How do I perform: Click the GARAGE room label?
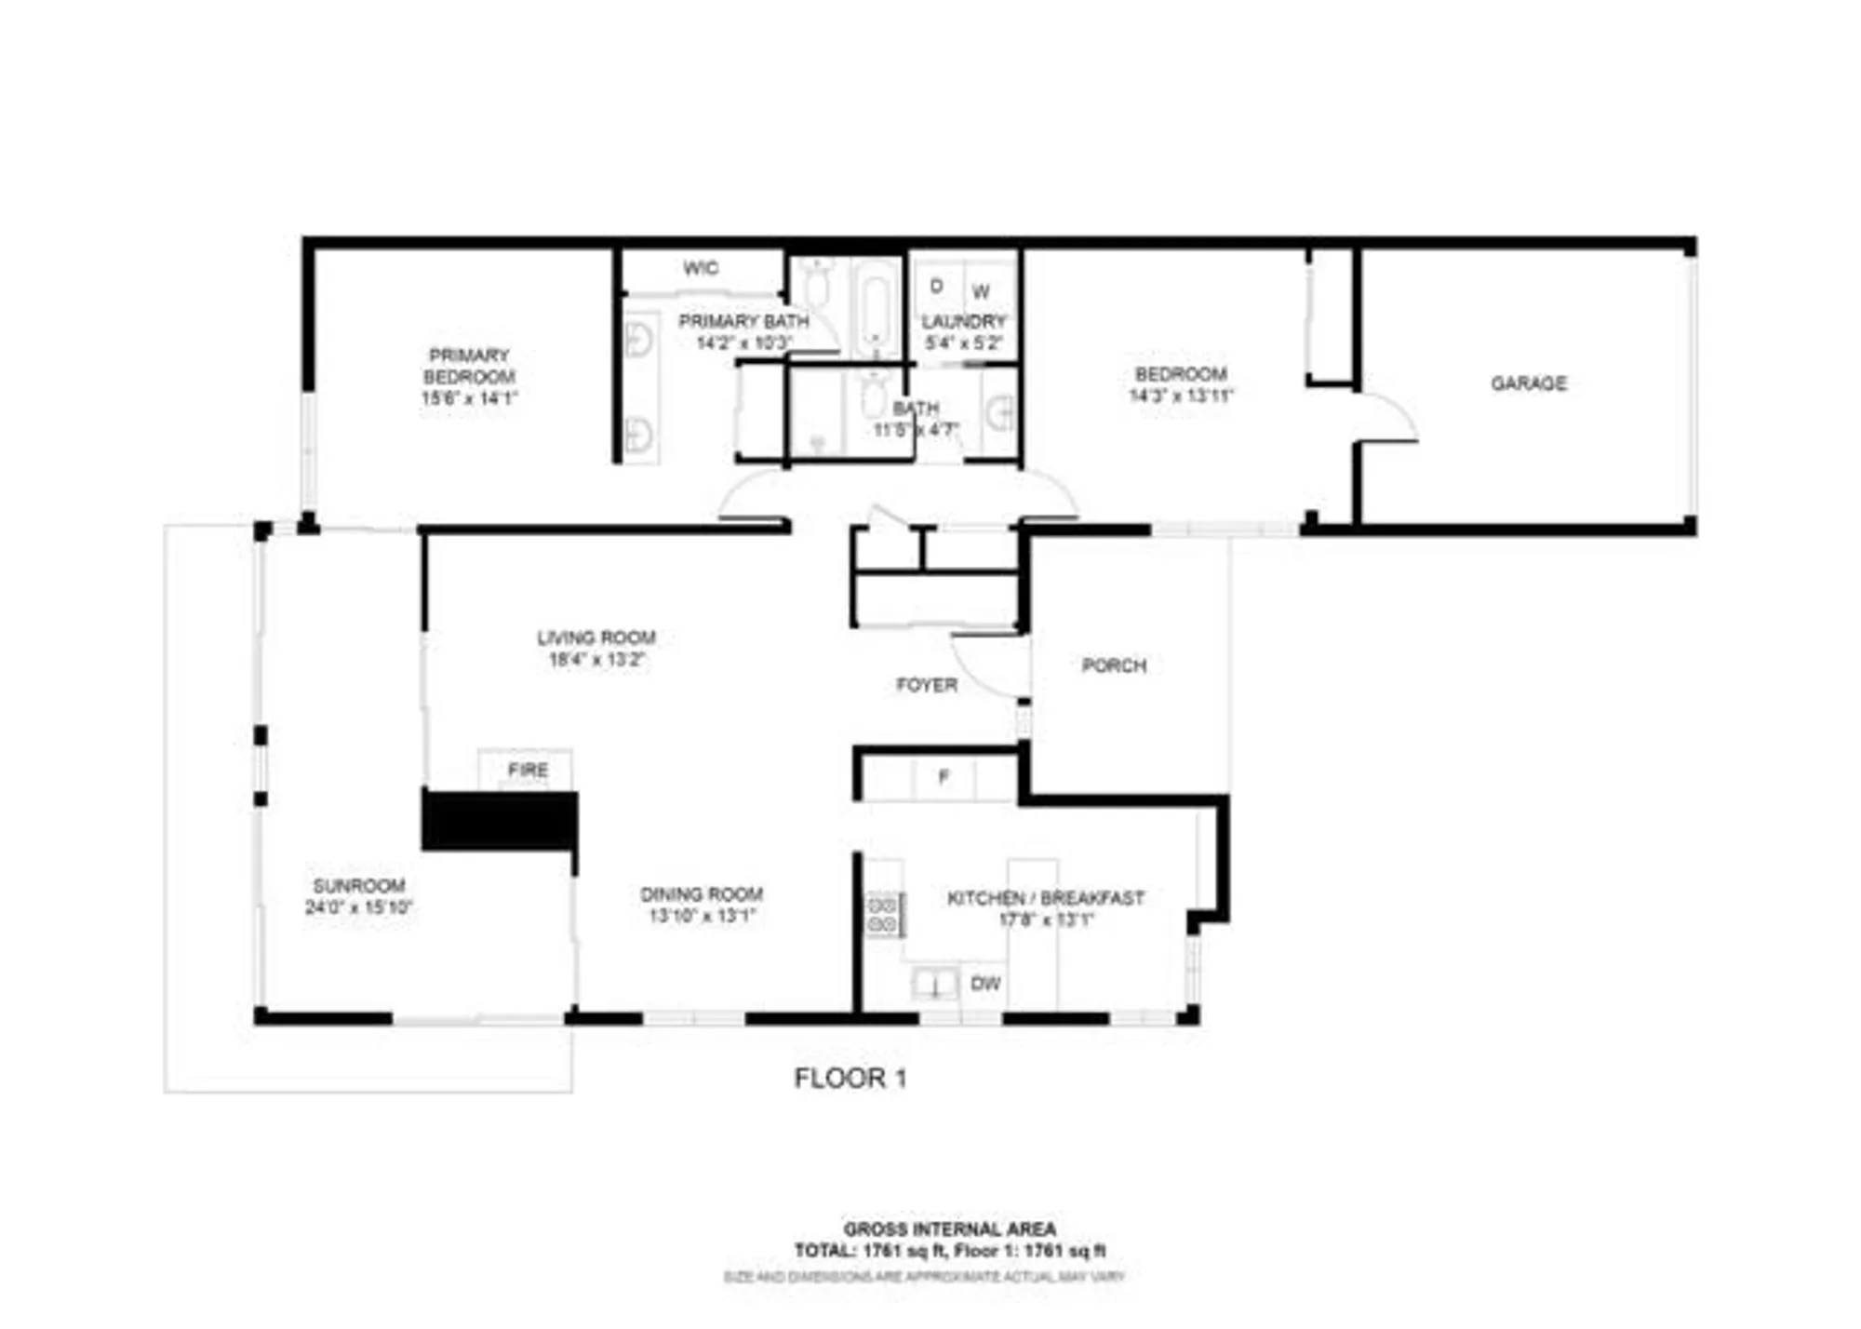1528,383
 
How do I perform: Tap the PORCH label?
1114,665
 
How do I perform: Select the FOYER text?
926,685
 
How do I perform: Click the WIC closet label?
700,269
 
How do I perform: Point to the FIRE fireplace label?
528,771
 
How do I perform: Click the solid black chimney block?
500,821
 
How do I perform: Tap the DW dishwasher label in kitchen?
985,984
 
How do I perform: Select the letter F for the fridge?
944,777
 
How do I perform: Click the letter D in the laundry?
936,286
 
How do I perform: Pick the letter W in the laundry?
981,292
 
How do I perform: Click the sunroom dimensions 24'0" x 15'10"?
358,907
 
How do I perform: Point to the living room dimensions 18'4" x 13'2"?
596,660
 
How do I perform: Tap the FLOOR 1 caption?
850,1079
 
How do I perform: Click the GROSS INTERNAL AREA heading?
949,1229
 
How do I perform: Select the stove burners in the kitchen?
883,914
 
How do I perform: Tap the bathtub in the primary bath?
875,307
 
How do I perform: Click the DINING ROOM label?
702,894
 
